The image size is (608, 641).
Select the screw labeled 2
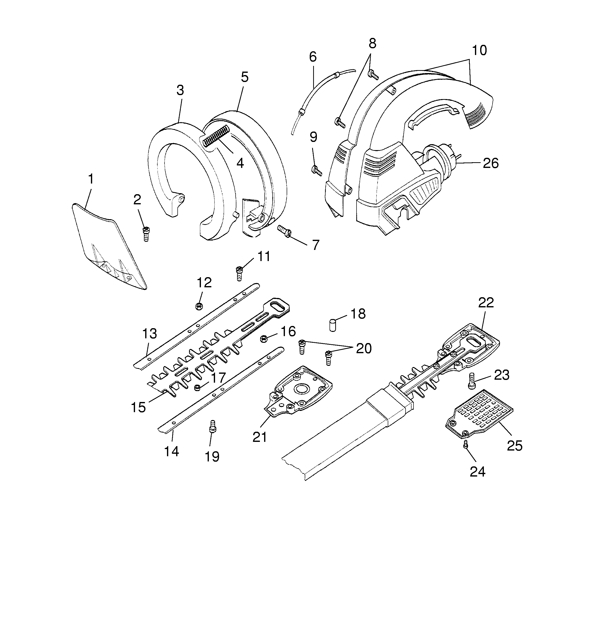click(x=146, y=234)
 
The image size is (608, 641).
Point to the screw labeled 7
click(x=284, y=231)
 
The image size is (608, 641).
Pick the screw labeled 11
click(x=239, y=273)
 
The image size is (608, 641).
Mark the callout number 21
click(x=260, y=437)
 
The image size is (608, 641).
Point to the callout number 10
click(x=479, y=51)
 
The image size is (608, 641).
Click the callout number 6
click(x=312, y=57)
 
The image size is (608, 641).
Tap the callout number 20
click(x=364, y=348)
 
